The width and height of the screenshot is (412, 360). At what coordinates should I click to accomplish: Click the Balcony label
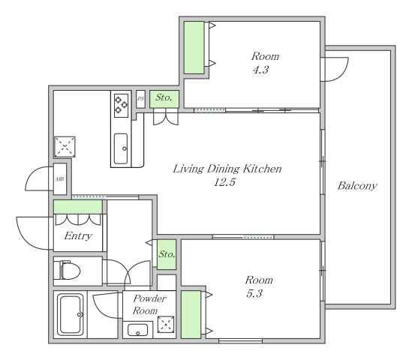tap(357, 186)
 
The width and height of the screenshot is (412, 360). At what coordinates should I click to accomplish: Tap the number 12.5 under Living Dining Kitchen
tap(224, 182)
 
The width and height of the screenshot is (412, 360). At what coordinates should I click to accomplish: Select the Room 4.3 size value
tap(260, 70)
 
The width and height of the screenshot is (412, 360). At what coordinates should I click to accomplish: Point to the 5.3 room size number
tap(254, 293)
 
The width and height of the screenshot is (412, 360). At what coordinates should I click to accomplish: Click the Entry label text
tap(78, 235)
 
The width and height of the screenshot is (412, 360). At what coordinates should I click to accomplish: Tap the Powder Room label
tap(149, 304)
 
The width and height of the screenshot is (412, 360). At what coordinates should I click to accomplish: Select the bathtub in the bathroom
tap(71, 314)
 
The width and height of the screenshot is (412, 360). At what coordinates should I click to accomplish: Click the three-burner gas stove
tap(121, 105)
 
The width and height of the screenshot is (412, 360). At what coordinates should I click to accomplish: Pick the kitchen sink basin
tap(121, 148)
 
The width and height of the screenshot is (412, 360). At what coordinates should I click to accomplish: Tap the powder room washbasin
tap(137, 330)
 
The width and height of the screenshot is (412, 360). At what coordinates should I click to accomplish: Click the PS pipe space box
tap(140, 99)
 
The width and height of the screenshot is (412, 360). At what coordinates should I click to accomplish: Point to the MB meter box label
tap(60, 179)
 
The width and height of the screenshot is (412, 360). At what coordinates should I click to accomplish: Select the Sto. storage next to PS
tap(164, 99)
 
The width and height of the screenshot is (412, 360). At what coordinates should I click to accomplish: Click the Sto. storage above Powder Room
tap(167, 254)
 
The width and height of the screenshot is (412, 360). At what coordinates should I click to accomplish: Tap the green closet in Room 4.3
tap(194, 47)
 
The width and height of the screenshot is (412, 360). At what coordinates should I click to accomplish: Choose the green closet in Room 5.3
tap(191, 314)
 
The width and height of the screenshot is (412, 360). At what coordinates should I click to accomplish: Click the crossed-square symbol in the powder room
tap(166, 324)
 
